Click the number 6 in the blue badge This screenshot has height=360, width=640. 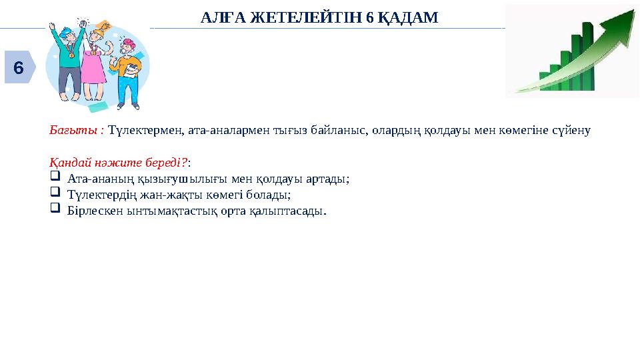click(18, 68)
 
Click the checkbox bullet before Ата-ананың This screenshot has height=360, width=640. click(55, 178)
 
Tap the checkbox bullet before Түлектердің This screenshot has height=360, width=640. click(55, 194)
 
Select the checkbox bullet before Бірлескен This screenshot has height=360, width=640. click(55, 210)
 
